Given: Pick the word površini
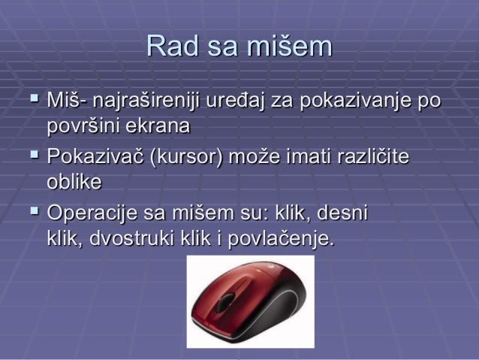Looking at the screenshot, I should [x=83, y=126].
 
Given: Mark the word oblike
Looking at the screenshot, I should [x=74, y=182].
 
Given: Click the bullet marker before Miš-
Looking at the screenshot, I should [x=34, y=98].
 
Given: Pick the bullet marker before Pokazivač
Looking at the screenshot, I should [x=34, y=155].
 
